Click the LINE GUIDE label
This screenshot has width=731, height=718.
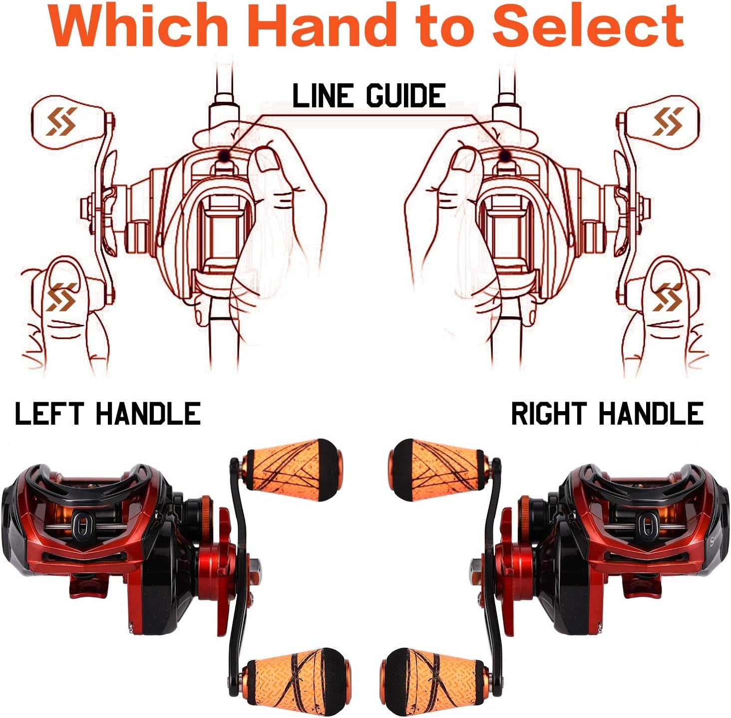368,96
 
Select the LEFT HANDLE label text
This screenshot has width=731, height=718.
108,414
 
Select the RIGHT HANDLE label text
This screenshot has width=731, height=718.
607,414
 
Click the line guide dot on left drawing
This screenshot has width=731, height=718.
225,156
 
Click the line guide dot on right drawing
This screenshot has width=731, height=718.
505,156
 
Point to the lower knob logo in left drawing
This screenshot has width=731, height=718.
61,296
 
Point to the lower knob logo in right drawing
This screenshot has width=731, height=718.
668,296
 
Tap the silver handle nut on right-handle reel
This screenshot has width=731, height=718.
476,565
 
